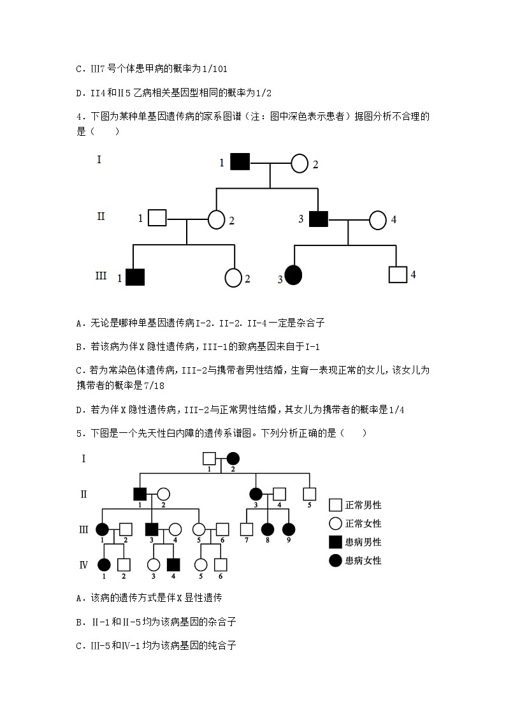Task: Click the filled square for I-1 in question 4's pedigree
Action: tap(240, 163)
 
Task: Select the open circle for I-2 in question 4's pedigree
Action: tap(300, 163)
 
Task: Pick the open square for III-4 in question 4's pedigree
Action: tap(398, 274)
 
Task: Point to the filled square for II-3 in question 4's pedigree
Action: tap(318, 219)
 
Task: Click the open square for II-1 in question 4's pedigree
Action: tap(157, 219)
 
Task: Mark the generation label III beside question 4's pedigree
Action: tap(101, 276)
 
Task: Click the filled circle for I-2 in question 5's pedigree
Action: tap(233, 458)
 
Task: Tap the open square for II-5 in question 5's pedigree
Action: tap(309, 493)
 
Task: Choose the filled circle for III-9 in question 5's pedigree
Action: tap(288, 529)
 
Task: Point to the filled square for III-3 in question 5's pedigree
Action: tap(152, 529)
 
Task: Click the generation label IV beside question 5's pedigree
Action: tap(83, 564)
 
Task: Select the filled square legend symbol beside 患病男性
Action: tap(335, 542)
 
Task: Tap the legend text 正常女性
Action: tap(363, 523)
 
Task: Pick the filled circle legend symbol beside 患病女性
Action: tap(335, 560)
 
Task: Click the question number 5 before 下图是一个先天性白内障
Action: tap(78, 434)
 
